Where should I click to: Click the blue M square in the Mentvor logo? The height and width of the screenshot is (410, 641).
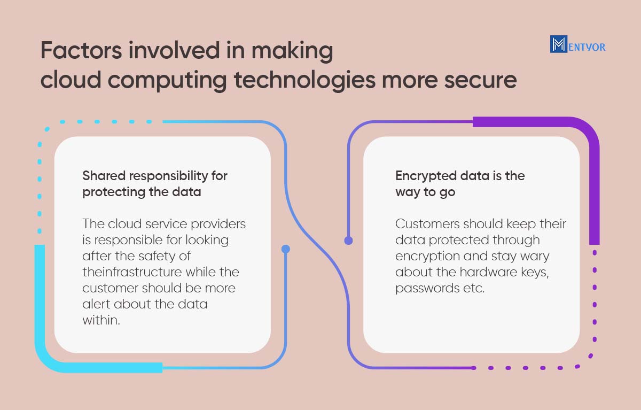pyautogui.click(x=558, y=44)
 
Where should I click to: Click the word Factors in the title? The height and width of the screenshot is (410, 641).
pyautogui.click(x=81, y=50)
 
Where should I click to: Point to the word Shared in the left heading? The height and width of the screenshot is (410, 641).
pyautogui.click(x=104, y=175)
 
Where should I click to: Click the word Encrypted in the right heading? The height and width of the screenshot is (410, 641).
pyautogui.click(x=424, y=176)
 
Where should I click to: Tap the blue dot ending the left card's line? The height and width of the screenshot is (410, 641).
pyautogui.click(x=286, y=249)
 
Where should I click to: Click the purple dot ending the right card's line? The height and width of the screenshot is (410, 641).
pyautogui.click(x=348, y=241)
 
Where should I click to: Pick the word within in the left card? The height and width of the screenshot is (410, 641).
pyautogui.click(x=101, y=320)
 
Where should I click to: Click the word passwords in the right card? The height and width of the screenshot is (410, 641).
pyautogui.click(x=427, y=289)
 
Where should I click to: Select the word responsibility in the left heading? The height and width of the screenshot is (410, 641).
pyautogui.click(x=169, y=176)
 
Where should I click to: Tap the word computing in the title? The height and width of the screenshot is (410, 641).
pyautogui.click(x=167, y=81)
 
